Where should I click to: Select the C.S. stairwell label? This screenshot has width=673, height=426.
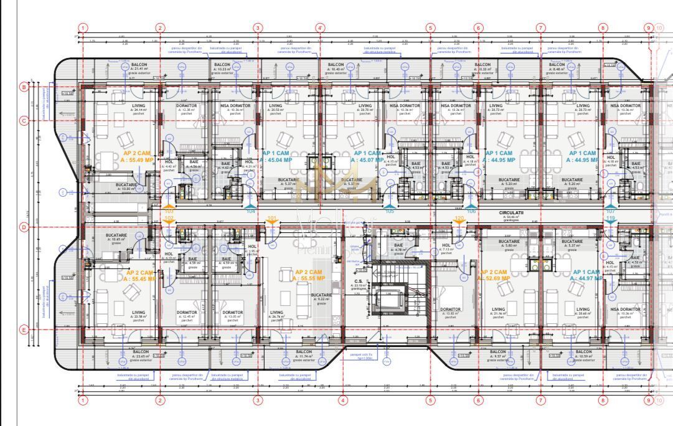pos(359,282)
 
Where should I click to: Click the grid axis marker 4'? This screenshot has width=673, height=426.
pos(320,27)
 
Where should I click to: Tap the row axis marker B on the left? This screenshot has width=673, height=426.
pos(24,87)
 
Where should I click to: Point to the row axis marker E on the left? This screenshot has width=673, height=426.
pos(24,330)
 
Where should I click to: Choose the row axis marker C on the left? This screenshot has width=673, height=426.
pos(24,120)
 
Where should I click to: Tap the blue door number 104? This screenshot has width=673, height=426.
pos(251,211)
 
